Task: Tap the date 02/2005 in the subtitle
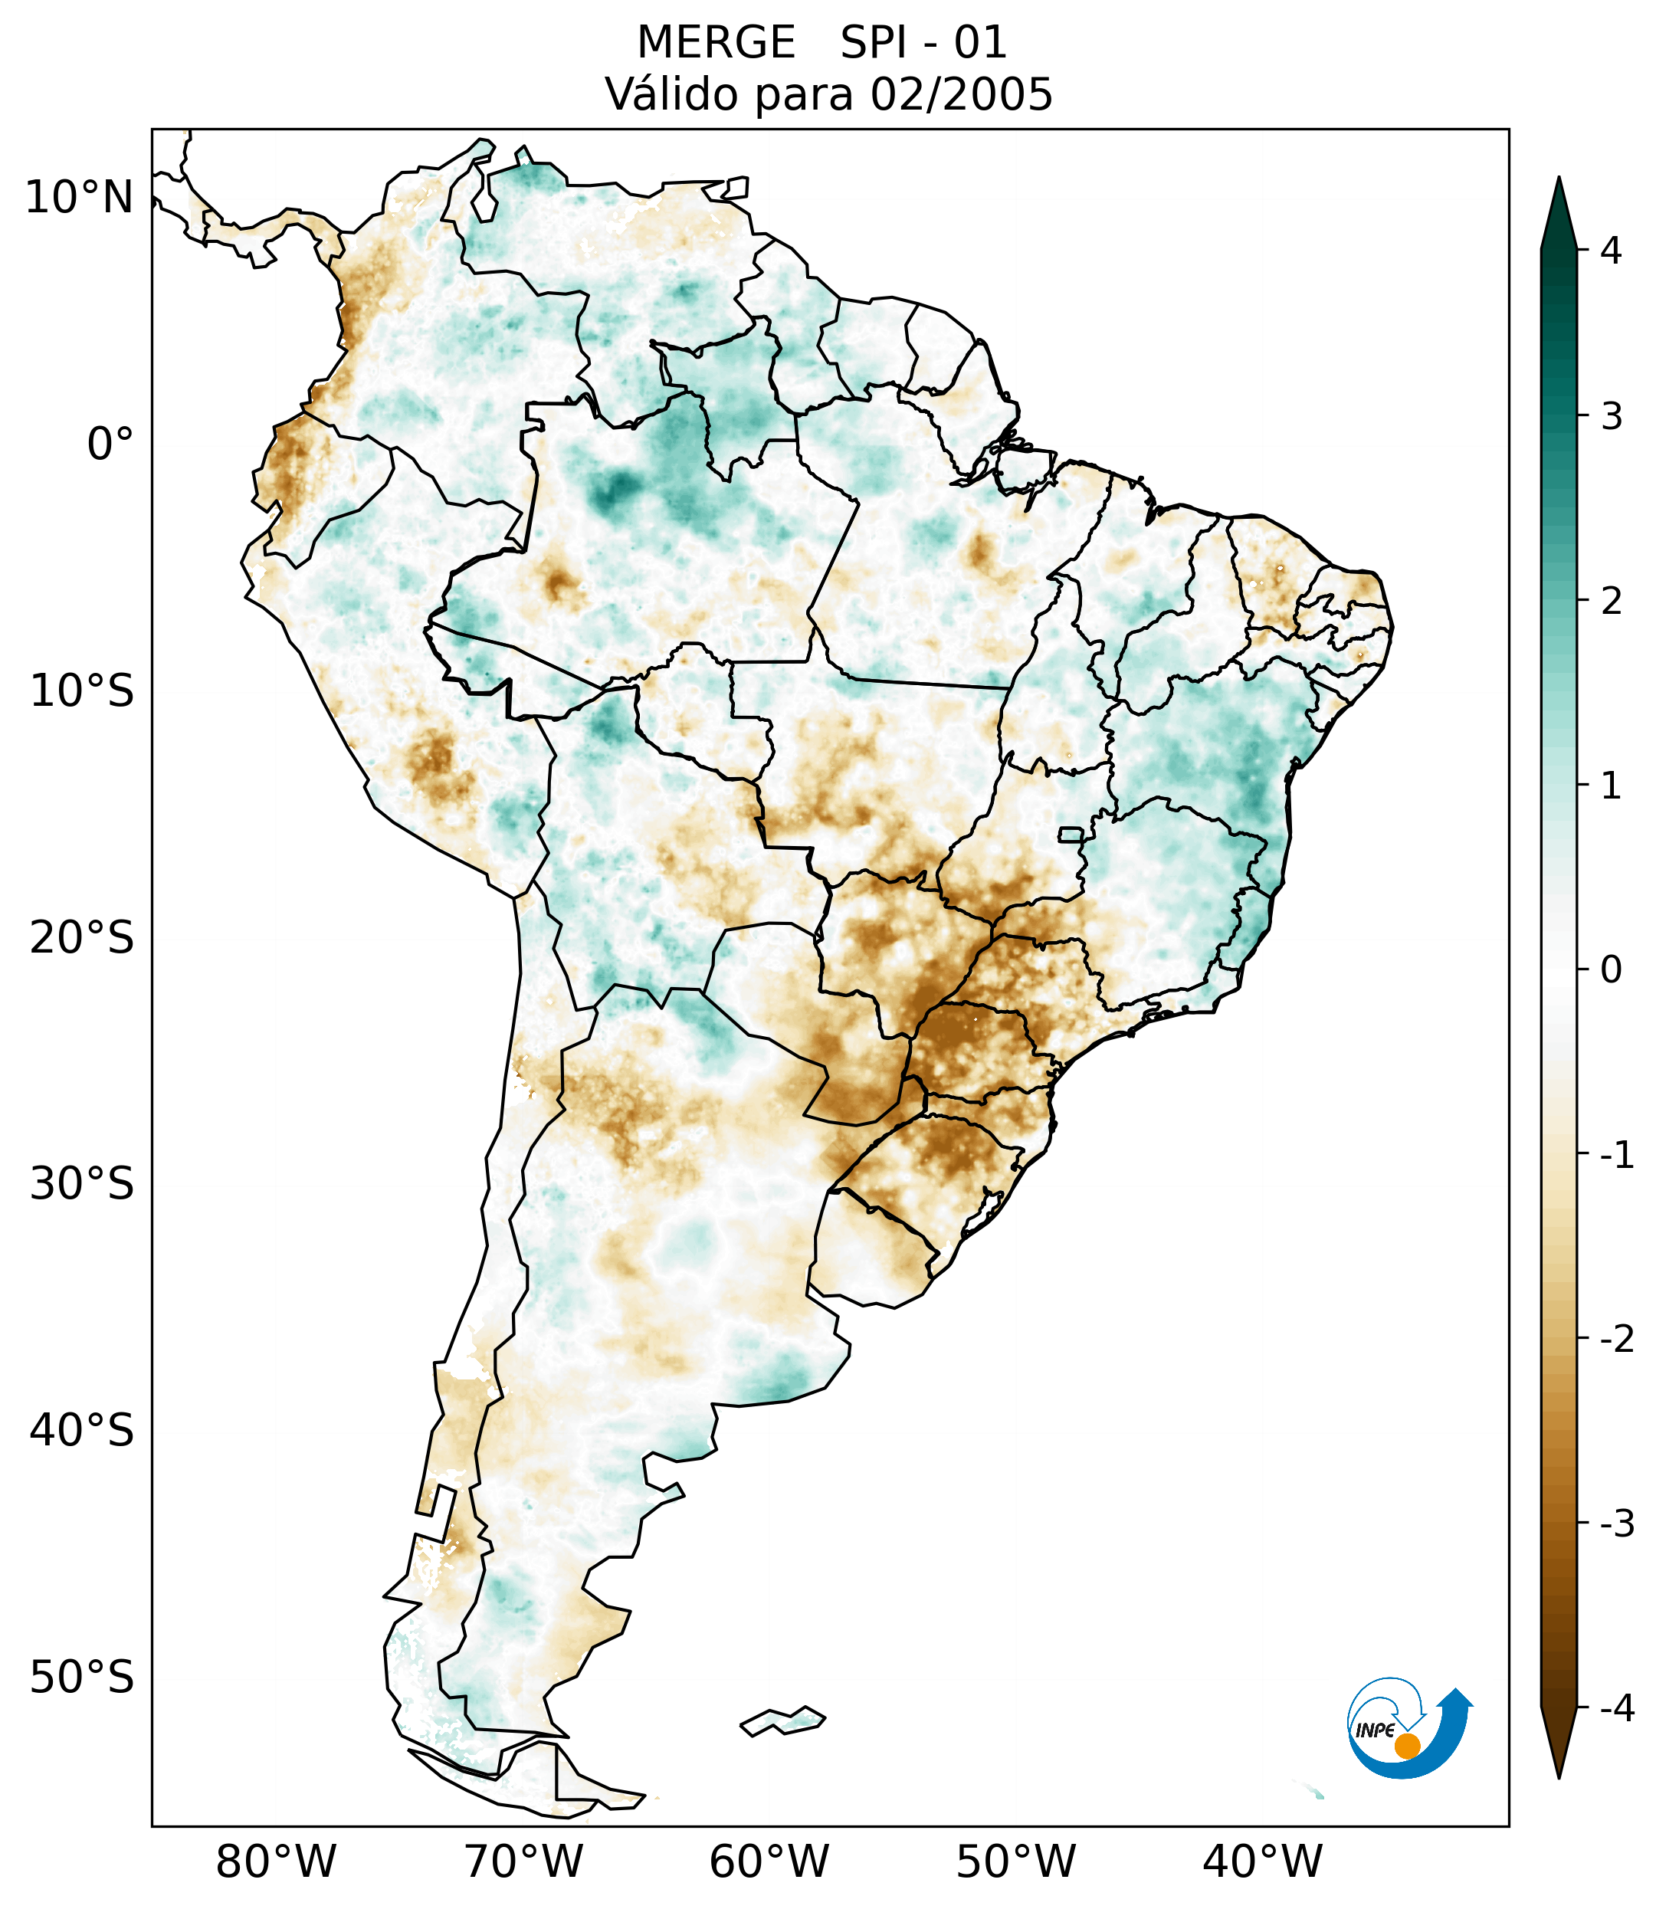click(961, 94)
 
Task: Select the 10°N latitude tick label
click(78, 198)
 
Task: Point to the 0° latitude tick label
click(110, 444)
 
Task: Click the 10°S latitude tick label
click(82, 691)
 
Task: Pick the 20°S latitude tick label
click(82, 938)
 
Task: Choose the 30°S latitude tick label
click(82, 1184)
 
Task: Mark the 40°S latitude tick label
click(82, 1431)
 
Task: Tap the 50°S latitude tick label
click(82, 1678)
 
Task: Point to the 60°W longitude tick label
click(769, 1862)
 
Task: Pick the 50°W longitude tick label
click(1016, 1862)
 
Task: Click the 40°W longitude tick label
click(1263, 1862)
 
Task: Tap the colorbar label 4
click(1611, 251)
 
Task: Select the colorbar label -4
click(1616, 1709)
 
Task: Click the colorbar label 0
click(1611, 970)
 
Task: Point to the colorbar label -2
click(1616, 1340)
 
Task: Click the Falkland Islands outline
click(782, 1720)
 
